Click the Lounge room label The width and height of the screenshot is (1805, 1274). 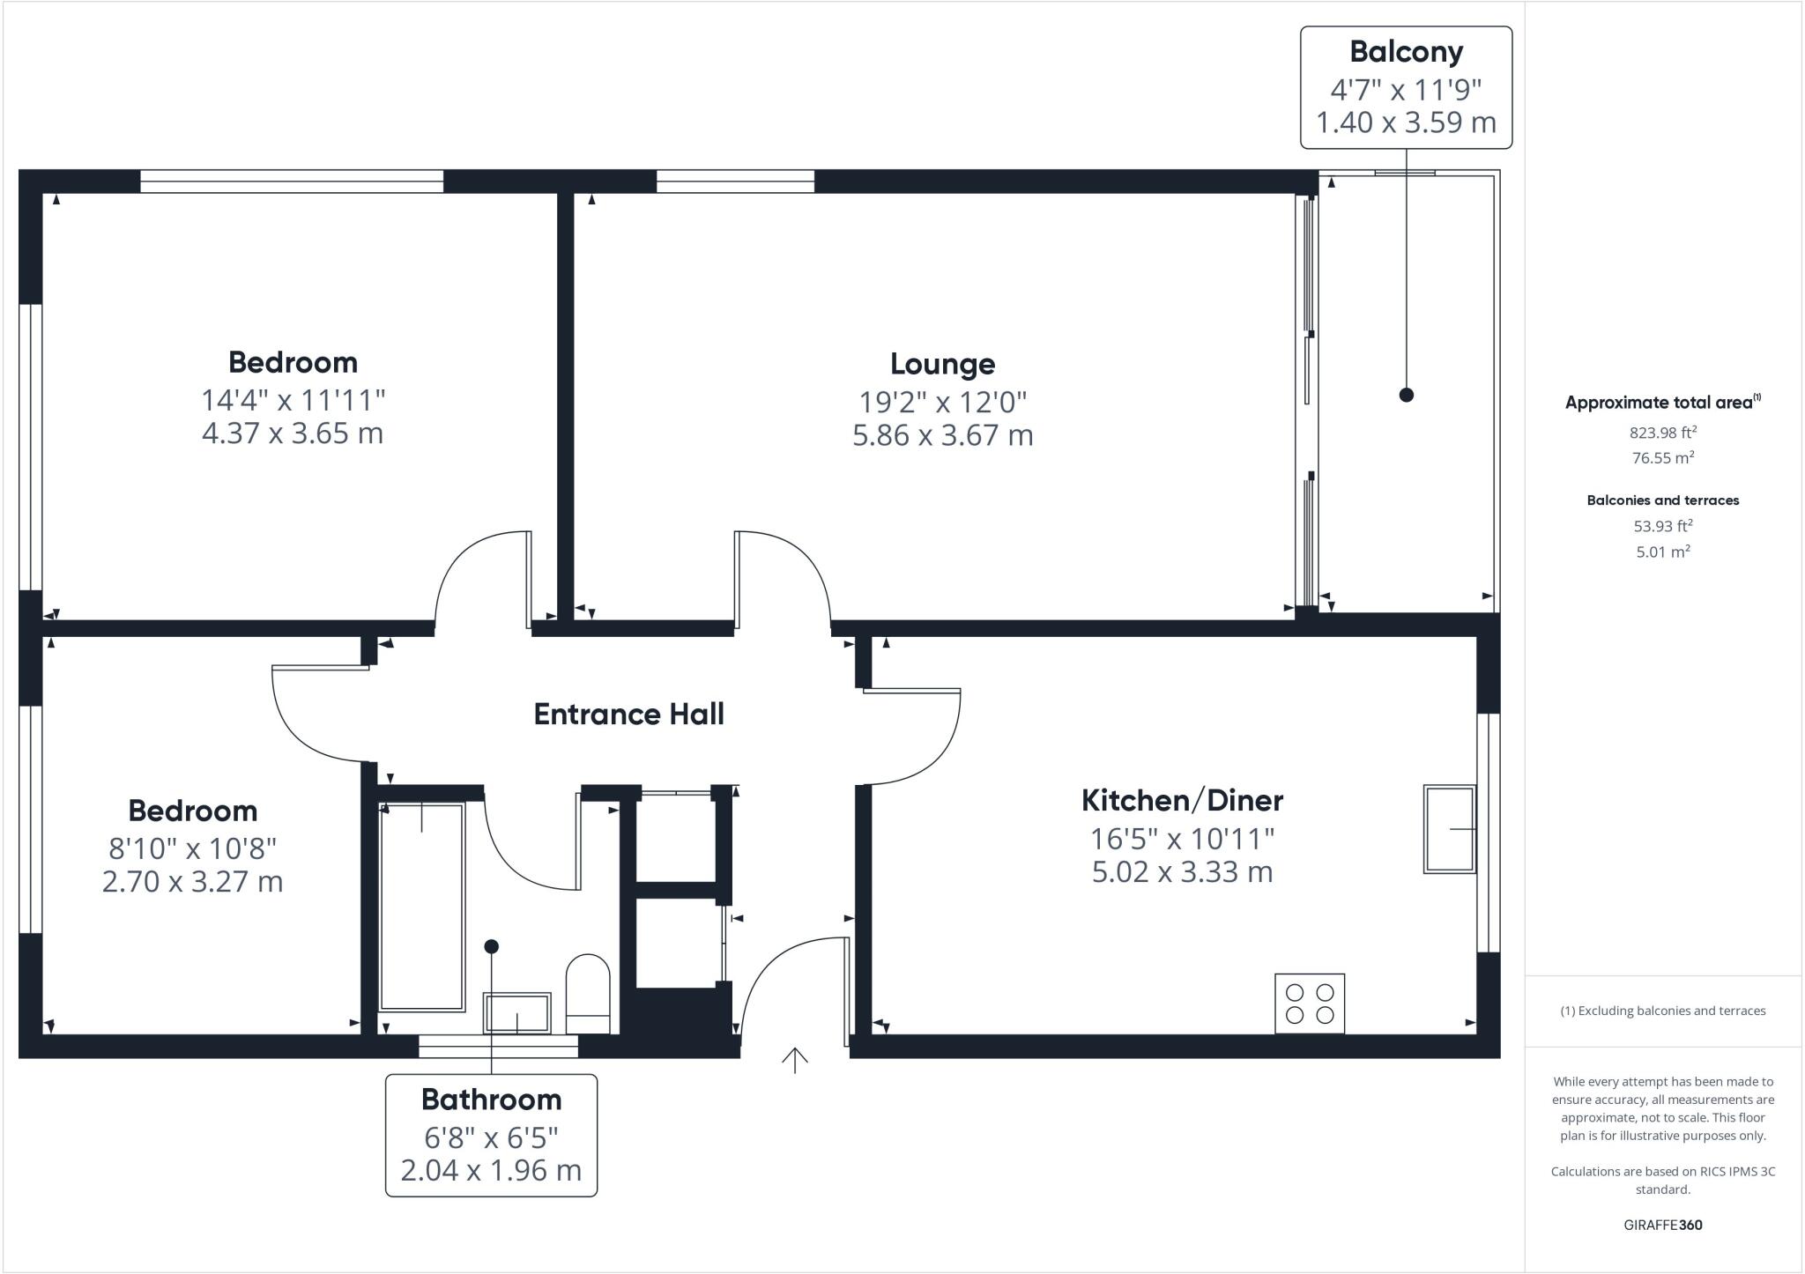[x=942, y=364]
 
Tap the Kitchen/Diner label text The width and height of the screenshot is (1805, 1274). [x=1182, y=800]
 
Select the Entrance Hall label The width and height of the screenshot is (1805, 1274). [x=628, y=714]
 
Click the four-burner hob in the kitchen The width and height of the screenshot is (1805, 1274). [x=1309, y=1003]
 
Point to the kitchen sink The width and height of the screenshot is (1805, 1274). [x=1450, y=829]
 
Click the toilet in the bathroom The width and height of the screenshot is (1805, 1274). [x=588, y=992]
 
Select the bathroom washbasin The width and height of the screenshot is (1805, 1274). [x=516, y=1013]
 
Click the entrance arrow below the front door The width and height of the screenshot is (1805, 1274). [x=795, y=1060]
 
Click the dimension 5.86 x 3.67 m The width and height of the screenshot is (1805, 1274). [x=942, y=435]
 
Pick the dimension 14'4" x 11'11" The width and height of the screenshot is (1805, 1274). [x=293, y=400]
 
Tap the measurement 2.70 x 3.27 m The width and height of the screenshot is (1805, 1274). [x=192, y=881]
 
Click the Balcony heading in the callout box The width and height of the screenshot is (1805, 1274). [x=1406, y=52]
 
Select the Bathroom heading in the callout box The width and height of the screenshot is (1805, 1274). [x=491, y=1100]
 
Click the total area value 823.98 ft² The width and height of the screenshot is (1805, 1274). [x=1662, y=432]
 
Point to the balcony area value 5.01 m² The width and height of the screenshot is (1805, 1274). [x=1662, y=552]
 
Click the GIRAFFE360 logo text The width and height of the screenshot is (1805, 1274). [x=1662, y=1225]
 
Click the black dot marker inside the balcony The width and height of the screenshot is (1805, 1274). [x=1406, y=395]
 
